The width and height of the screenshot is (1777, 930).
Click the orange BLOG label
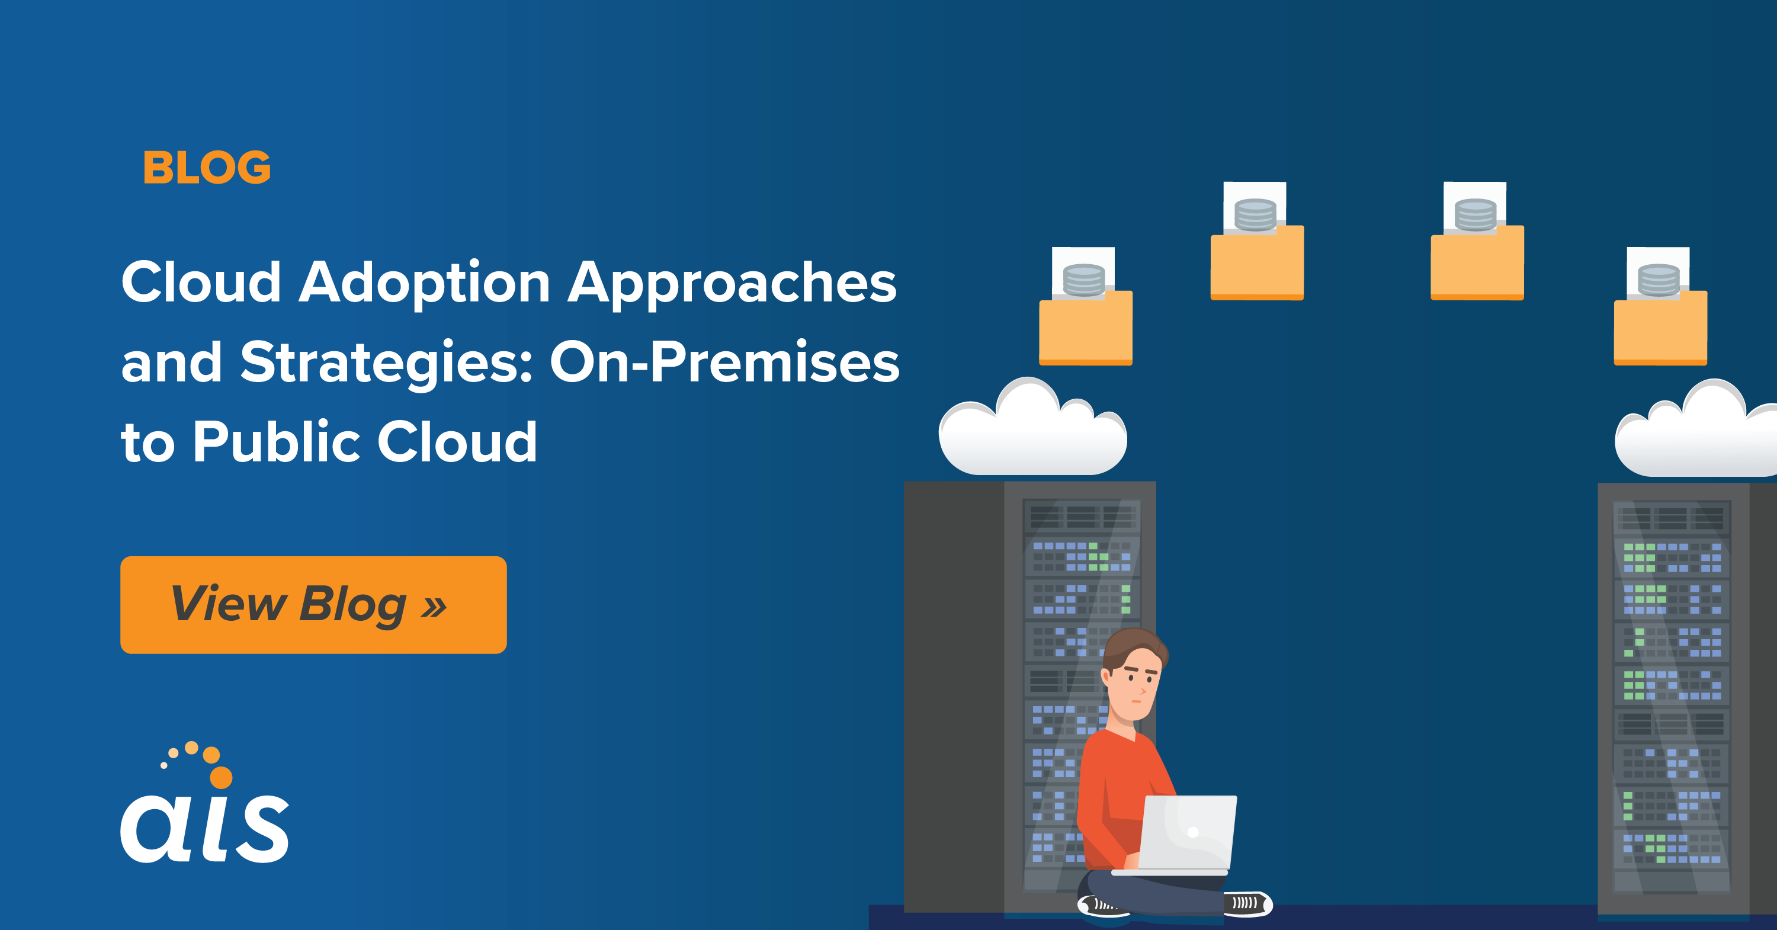207,168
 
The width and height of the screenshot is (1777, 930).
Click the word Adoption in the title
424,283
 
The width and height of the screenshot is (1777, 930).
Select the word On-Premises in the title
724,361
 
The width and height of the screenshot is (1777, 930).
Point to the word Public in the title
276,441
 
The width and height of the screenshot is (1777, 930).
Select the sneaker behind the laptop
1247,903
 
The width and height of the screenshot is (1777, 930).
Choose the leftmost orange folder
1086,328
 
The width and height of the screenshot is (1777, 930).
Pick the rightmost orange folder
1660,328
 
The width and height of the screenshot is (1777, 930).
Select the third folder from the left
1477,262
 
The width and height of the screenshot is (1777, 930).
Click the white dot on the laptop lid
1193,832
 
